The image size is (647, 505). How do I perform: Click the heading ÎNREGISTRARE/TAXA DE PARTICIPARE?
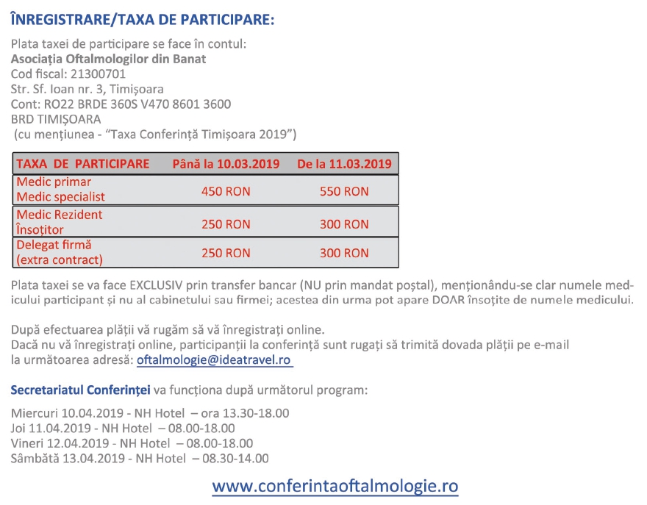tap(143, 19)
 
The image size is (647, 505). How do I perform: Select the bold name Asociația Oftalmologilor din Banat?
tap(108, 59)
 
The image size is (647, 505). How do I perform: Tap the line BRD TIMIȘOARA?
tap(56, 119)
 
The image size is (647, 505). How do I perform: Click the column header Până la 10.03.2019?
tap(226, 163)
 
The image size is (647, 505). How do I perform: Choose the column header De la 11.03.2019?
tap(344, 163)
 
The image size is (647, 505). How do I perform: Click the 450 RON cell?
tap(226, 191)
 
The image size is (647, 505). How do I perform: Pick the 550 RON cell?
tap(344, 191)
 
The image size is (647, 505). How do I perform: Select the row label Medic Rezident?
tap(60, 215)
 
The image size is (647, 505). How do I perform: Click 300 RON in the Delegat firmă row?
tap(344, 253)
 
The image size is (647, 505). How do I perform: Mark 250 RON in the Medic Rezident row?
tap(226, 224)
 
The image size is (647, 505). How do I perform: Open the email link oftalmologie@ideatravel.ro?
tap(215, 360)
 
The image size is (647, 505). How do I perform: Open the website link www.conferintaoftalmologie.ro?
tap(335, 487)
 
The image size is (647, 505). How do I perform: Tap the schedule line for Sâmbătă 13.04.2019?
tap(140, 459)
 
